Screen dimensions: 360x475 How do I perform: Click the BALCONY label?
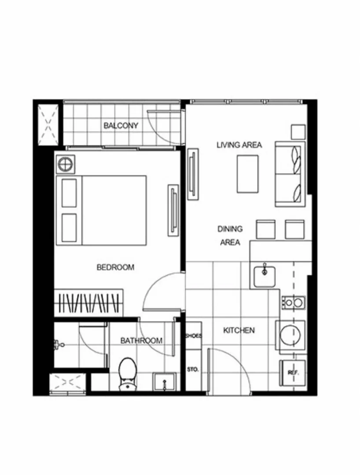click(121, 125)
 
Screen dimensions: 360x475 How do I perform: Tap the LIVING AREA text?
click(239, 145)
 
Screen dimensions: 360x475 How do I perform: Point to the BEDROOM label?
click(115, 267)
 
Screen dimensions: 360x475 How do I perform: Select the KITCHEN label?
click(239, 330)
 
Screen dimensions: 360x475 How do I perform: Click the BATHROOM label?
click(142, 341)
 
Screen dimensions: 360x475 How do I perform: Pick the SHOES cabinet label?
click(193, 336)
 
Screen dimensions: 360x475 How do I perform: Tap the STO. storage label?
click(193, 369)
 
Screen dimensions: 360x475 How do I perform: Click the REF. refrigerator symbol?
click(292, 373)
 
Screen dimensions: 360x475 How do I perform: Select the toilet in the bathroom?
click(128, 374)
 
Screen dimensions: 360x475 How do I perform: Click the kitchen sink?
click(264, 276)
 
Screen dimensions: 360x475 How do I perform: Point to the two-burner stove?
click(294, 303)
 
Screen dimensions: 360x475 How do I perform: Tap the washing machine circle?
click(290, 336)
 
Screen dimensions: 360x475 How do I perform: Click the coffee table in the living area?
click(248, 174)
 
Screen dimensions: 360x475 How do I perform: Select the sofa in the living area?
click(290, 174)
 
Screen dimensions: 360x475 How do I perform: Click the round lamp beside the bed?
click(66, 165)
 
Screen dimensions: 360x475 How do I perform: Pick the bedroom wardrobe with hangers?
click(89, 303)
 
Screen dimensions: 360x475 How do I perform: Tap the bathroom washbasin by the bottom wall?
click(164, 382)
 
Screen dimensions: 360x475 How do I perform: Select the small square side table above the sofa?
click(298, 132)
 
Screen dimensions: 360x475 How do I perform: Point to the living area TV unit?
click(193, 174)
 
